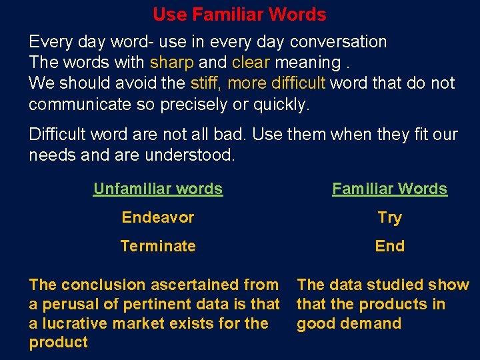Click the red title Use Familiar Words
pyautogui.click(x=239, y=14)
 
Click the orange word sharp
pyautogui.click(x=172, y=63)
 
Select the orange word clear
pyautogui.click(x=251, y=63)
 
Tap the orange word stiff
pyautogui.click(x=205, y=83)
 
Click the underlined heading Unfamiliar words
pyautogui.click(x=158, y=189)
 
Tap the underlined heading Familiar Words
pyautogui.click(x=390, y=189)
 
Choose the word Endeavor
pyautogui.click(x=158, y=217)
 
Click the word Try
pyautogui.click(x=390, y=217)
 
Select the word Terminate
pyautogui.click(x=158, y=246)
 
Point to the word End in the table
pyautogui.click(x=390, y=246)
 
